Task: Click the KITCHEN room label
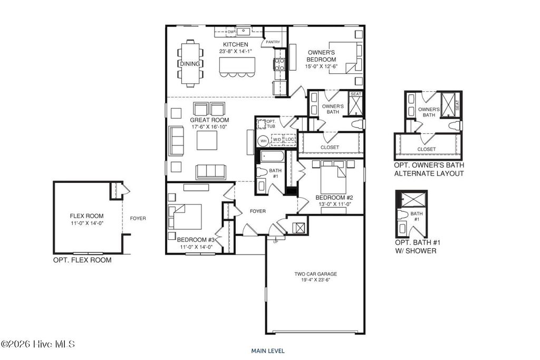(x=236, y=44)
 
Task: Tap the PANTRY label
(x=273, y=42)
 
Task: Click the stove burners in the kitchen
(x=278, y=64)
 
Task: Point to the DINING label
(x=189, y=64)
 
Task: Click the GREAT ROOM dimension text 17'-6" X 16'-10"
(x=208, y=127)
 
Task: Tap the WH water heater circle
(x=263, y=141)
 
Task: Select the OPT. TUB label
(x=271, y=124)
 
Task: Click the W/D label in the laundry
(x=277, y=140)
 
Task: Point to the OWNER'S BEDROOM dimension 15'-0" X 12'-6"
(x=321, y=66)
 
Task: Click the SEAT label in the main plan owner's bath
(x=356, y=94)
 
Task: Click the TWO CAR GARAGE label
(x=315, y=274)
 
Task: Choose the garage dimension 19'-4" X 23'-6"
(x=315, y=280)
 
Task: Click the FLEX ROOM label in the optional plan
(x=86, y=216)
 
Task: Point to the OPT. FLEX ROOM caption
(x=82, y=260)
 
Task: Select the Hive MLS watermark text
(x=38, y=344)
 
